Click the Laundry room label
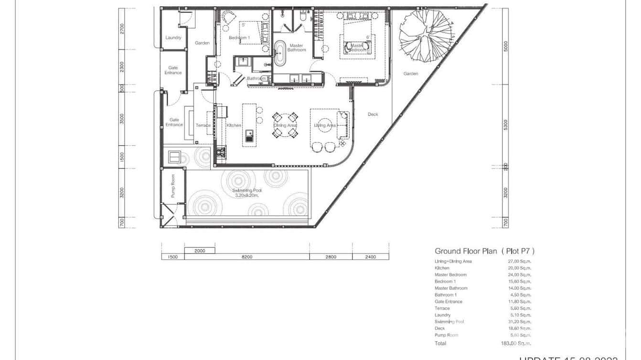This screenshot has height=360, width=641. (x=173, y=38)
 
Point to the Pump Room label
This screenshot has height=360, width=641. (x=173, y=186)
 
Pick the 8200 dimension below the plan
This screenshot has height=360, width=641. (x=246, y=257)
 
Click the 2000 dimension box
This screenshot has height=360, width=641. (x=200, y=251)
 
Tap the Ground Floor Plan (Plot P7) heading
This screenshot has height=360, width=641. (x=484, y=251)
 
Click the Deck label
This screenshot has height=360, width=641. (x=373, y=115)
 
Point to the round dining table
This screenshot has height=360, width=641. (x=285, y=125)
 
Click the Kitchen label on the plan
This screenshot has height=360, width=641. (x=234, y=125)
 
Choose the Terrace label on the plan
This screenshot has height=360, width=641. (x=203, y=126)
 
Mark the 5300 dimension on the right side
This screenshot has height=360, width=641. (x=506, y=125)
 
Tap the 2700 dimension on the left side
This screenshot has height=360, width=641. (x=122, y=29)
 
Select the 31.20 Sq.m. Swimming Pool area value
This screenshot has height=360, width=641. (x=519, y=322)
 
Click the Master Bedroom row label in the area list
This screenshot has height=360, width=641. (x=450, y=275)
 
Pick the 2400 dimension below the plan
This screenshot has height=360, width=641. (x=370, y=257)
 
